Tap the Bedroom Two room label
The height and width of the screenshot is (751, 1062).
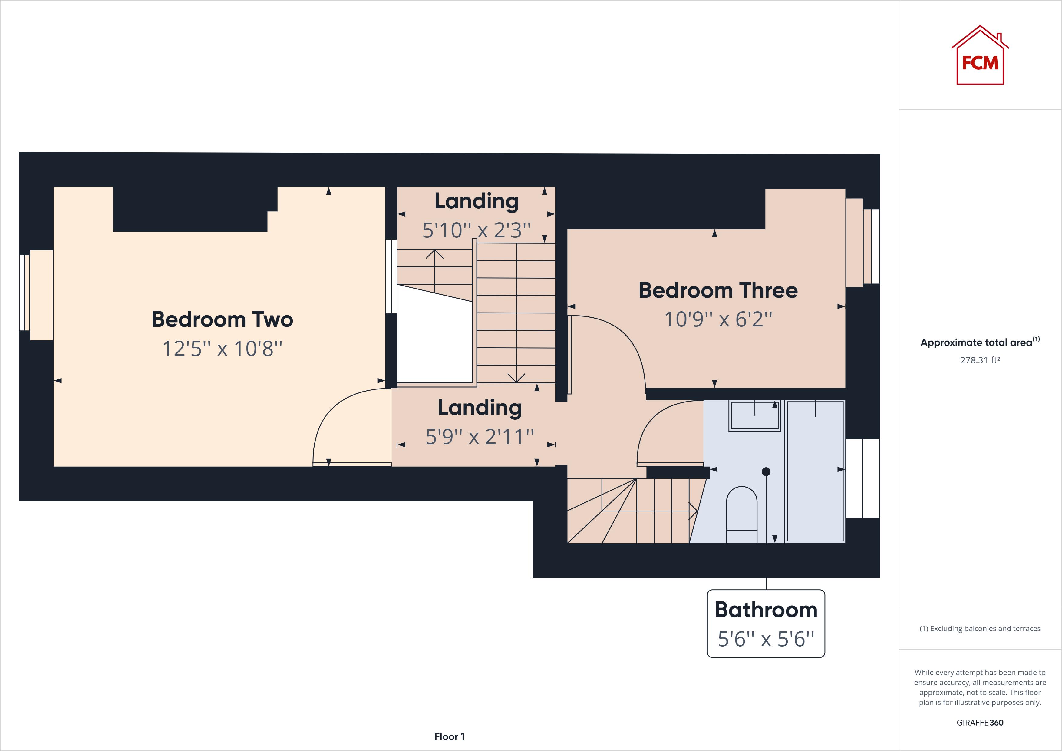coord(222,319)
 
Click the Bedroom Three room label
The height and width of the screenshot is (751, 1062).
coord(718,290)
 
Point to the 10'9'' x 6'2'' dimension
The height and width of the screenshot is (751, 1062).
coord(718,319)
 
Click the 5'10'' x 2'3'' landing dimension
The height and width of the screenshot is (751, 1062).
coord(477,230)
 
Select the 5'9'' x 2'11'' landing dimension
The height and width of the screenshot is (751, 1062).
coord(480,436)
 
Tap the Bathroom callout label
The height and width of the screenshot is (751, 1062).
coord(766,610)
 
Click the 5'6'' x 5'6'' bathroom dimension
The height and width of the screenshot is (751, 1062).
coord(766,639)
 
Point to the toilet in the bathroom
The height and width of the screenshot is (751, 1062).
coord(741,514)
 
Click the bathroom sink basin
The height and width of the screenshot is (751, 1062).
coord(754,415)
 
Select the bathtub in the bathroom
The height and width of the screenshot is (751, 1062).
coord(815,471)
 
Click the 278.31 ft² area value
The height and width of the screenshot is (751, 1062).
coord(980,360)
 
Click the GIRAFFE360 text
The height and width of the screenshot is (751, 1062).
coord(980,722)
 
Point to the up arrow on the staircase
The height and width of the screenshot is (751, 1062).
coord(434,254)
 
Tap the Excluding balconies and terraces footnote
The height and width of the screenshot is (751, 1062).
coord(980,628)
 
